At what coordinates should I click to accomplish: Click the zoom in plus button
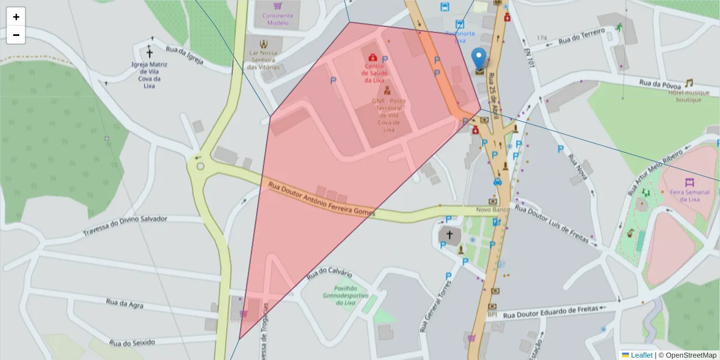click(x=16, y=17)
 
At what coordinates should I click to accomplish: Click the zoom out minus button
click(x=16, y=35)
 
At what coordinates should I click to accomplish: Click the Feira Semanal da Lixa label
click(x=690, y=195)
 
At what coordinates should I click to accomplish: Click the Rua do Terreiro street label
click(x=581, y=37)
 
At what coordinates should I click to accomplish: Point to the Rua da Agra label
click(x=125, y=304)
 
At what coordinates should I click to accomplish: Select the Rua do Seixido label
click(x=132, y=342)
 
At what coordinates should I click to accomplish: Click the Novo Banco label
click(x=493, y=209)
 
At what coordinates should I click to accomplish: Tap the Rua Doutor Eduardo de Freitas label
click(x=551, y=311)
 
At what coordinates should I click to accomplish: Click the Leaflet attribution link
click(x=641, y=355)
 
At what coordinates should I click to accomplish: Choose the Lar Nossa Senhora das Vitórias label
click(x=264, y=59)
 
